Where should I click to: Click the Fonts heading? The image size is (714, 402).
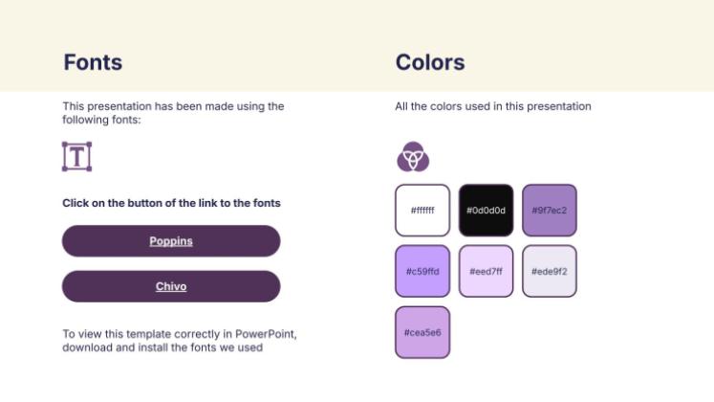(93, 63)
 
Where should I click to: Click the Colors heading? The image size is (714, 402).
(430, 63)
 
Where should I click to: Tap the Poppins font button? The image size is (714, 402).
(171, 241)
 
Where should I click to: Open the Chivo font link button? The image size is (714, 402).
(171, 286)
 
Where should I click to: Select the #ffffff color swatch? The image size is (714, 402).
(422, 210)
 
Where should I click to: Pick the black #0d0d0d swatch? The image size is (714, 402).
(486, 210)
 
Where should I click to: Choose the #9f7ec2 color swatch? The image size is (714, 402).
(550, 210)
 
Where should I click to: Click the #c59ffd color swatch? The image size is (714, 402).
(422, 271)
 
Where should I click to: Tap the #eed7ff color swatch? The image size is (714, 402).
(486, 271)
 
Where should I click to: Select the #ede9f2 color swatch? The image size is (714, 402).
(550, 271)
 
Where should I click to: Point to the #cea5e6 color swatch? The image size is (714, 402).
(422, 332)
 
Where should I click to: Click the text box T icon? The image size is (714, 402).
(76, 156)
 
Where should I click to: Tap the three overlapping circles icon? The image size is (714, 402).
(413, 156)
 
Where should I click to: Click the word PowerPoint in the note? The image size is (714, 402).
(270, 334)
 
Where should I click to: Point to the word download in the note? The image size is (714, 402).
(86, 347)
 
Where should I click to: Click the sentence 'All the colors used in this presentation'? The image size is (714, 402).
(493, 106)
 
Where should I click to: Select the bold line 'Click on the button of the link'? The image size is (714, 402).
(171, 203)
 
